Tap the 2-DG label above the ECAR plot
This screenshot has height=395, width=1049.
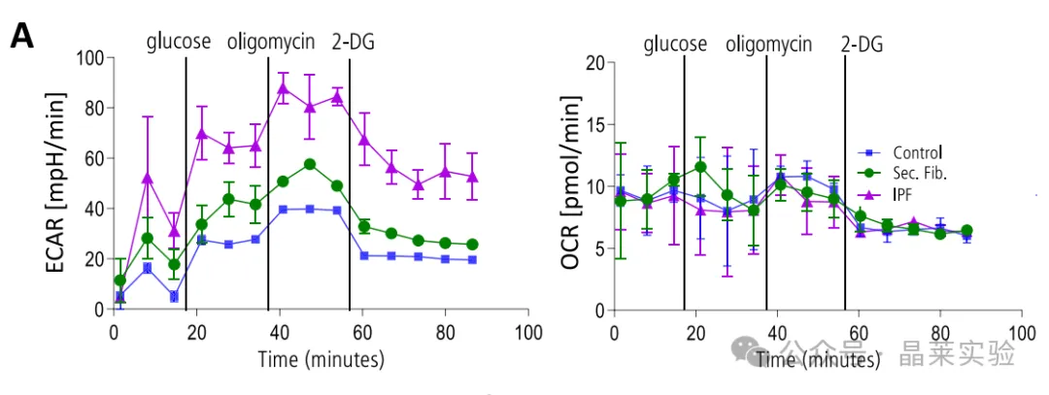pos(354,43)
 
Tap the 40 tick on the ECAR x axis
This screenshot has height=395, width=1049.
pos(280,330)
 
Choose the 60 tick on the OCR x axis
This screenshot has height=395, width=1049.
pos(858,330)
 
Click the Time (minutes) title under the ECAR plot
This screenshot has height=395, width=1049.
pos(321,358)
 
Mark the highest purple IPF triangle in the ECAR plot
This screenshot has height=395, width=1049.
pos(284,89)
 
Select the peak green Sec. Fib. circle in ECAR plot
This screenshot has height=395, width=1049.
pos(310,164)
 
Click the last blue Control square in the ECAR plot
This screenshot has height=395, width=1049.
pos(472,259)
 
